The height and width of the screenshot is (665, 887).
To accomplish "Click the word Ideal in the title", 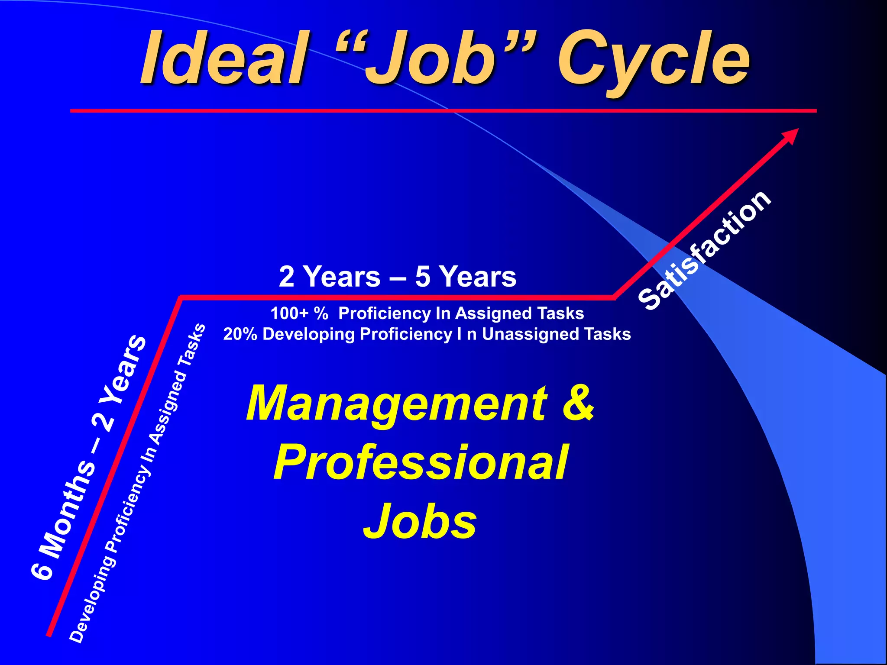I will (223, 58).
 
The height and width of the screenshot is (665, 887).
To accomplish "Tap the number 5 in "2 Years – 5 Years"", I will (422, 277).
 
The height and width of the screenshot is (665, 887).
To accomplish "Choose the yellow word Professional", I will (420, 463).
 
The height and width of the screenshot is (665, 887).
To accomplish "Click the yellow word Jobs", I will (420, 522).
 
